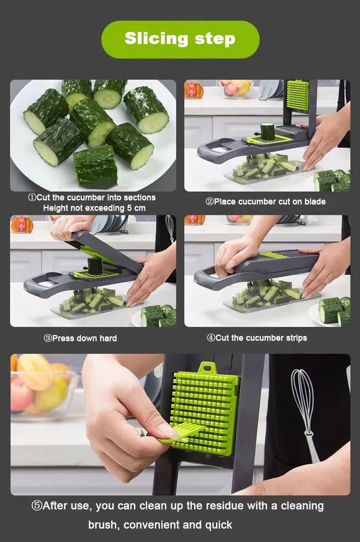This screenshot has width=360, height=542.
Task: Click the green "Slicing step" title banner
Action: [180, 39]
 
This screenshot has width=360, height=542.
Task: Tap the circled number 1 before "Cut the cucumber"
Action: [32, 198]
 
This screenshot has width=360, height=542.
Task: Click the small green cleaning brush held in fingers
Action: [182, 433]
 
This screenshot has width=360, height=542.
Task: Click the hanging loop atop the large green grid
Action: [207, 367]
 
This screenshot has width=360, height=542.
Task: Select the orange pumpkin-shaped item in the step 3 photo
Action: [21, 224]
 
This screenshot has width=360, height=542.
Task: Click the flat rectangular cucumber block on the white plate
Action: [95, 167]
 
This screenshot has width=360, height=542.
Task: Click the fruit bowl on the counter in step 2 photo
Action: [236, 88]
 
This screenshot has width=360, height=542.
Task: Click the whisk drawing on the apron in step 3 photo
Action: [170, 228]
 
